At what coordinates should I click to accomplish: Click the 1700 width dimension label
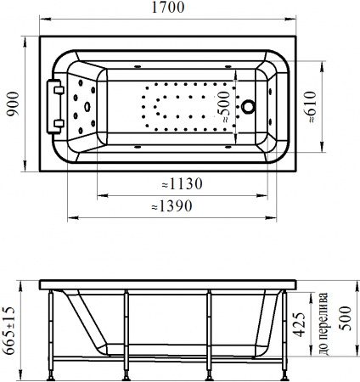click(168, 8)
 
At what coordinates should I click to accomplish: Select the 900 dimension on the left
click(13, 104)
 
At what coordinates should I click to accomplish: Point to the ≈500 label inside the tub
click(224, 107)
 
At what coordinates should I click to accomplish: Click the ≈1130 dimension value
click(182, 184)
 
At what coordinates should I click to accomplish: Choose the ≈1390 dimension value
click(172, 206)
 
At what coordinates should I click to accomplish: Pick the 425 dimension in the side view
click(300, 325)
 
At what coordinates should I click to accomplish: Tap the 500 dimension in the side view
click(345, 318)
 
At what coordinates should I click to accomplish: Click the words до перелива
click(323, 323)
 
